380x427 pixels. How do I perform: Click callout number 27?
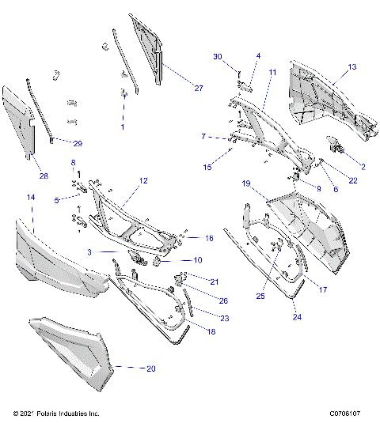[198, 88]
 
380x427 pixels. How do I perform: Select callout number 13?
[352, 66]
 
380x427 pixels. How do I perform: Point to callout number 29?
[78, 143]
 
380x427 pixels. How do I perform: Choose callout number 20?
[151, 368]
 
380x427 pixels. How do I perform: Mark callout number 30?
[218, 56]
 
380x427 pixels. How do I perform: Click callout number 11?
[272, 72]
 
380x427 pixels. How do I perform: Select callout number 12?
[143, 181]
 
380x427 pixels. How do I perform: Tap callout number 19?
[246, 183]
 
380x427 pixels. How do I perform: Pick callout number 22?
[352, 181]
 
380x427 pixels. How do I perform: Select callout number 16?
[209, 237]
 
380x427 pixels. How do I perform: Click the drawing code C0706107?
[344, 413]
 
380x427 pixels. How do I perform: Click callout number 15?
[208, 167]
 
